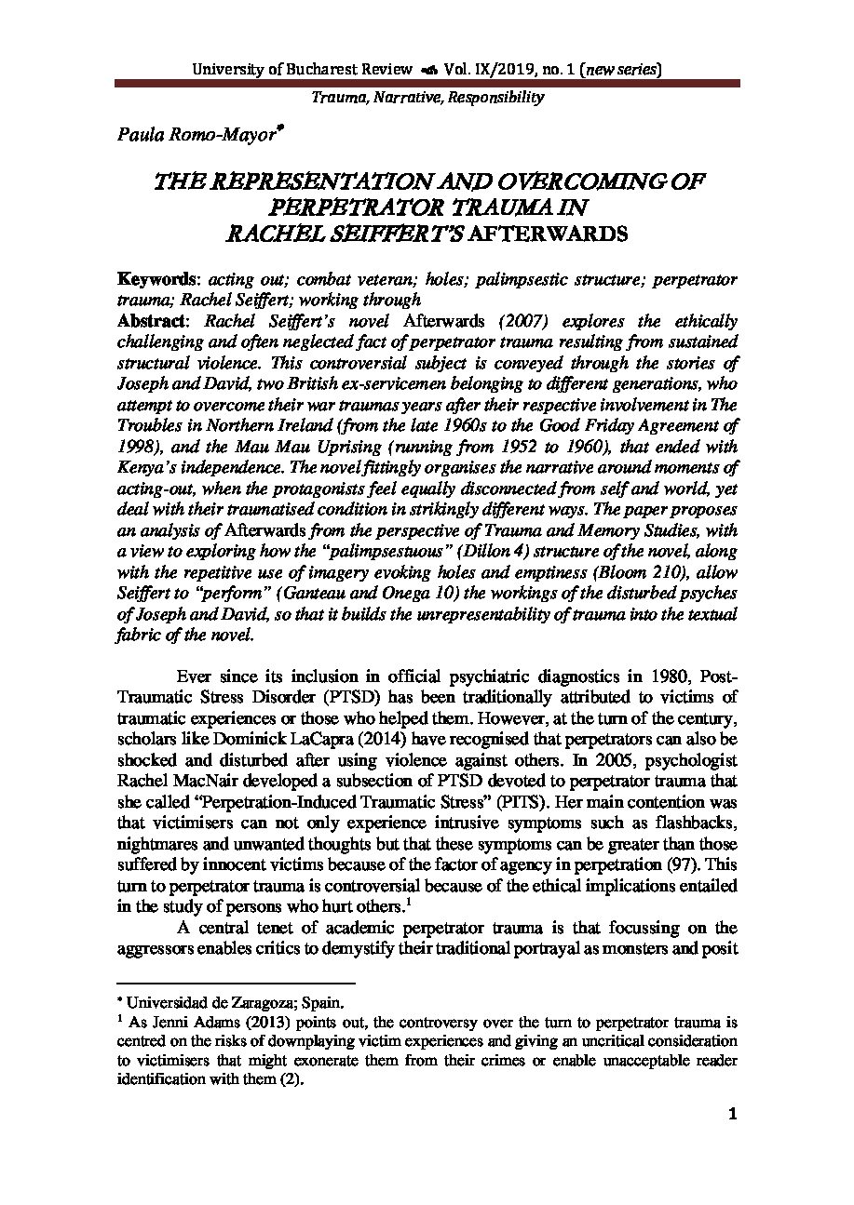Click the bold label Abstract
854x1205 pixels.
153,321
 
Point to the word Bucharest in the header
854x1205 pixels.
333,69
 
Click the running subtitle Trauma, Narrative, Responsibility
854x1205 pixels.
427,97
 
